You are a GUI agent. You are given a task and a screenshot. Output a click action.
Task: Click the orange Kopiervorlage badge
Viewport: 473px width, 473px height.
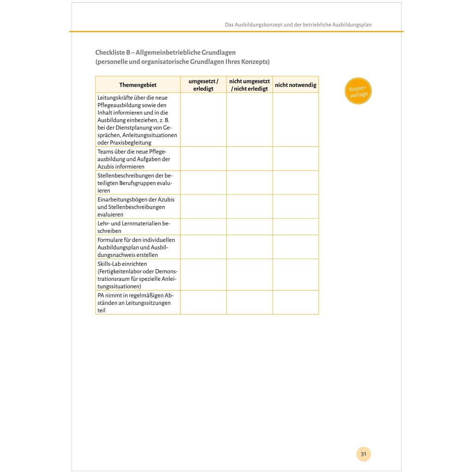(x=358, y=91)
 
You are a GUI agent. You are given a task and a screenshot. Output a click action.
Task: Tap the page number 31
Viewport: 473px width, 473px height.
(x=364, y=454)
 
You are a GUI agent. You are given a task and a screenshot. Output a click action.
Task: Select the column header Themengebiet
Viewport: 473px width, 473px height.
(x=138, y=85)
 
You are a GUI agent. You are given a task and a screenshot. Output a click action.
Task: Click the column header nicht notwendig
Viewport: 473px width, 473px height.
(x=296, y=85)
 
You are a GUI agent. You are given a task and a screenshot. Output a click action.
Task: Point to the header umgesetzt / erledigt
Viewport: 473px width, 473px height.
(x=203, y=85)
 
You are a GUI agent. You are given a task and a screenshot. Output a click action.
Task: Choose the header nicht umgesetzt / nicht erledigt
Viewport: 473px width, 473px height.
(x=249, y=85)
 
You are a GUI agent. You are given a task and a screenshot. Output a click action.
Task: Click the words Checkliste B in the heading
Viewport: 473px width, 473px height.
(x=113, y=53)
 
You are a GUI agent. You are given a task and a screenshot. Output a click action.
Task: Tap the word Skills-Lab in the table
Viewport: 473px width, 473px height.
(x=110, y=264)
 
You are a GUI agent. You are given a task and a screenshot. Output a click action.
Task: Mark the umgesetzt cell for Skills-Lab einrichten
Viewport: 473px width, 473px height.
(x=203, y=274)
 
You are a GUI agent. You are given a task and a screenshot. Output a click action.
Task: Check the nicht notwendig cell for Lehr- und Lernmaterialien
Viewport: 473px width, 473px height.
(x=296, y=227)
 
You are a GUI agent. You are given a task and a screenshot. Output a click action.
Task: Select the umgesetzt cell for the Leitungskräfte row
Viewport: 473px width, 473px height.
(x=203, y=120)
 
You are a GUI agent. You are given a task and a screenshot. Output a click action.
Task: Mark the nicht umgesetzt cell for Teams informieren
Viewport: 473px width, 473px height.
(x=249, y=158)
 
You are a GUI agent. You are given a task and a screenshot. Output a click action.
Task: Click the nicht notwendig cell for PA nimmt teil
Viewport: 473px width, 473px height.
(x=296, y=302)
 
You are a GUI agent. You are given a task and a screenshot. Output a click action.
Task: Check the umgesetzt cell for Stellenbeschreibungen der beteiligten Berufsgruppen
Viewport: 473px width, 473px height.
(x=203, y=182)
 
